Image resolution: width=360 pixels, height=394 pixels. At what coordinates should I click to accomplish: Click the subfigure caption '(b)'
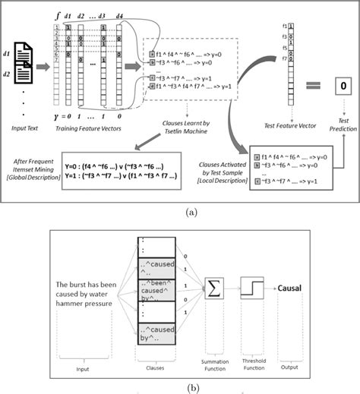pyautogui.click(x=179, y=386)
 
